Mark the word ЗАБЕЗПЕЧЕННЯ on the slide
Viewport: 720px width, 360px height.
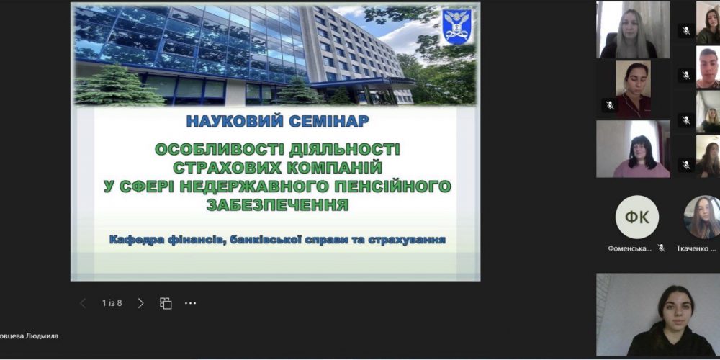[277, 205]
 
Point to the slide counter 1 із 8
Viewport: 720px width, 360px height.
[112, 303]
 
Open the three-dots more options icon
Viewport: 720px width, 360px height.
[190, 303]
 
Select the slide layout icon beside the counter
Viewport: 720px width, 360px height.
[166, 303]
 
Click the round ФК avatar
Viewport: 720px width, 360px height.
[636, 217]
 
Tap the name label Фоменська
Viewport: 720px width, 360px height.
[629, 248]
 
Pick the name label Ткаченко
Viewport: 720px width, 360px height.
[696, 248]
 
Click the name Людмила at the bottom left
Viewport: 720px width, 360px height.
[42, 336]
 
